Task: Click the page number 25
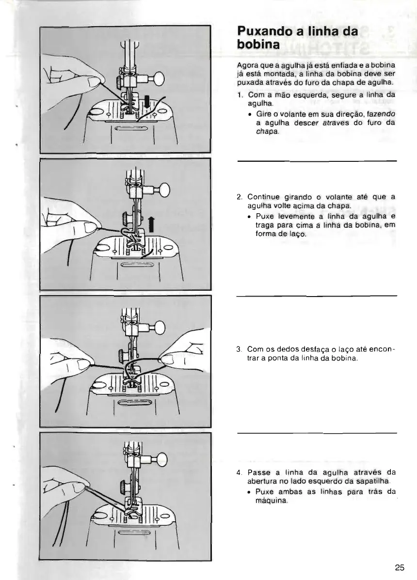[399, 568]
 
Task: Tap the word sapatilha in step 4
[380, 481]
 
